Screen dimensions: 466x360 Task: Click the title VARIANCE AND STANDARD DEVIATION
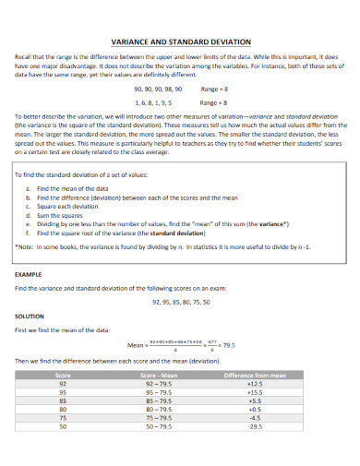point(179,42)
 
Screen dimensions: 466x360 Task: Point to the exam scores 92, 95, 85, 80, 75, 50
point(179,302)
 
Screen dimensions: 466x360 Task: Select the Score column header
point(63,376)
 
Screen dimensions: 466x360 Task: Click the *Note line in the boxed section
point(175,247)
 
